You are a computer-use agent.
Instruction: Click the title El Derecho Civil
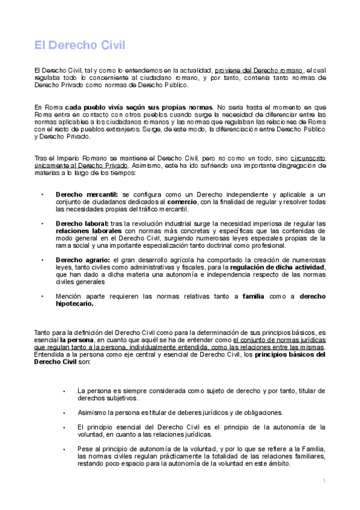79,45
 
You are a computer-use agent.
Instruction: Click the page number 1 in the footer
324,481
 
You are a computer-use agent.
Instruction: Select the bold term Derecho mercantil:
87,195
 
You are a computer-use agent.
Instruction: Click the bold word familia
253,296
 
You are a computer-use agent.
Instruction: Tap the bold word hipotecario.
75,304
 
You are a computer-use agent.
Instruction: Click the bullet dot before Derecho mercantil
42,195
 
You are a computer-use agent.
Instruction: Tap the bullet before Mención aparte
42,296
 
